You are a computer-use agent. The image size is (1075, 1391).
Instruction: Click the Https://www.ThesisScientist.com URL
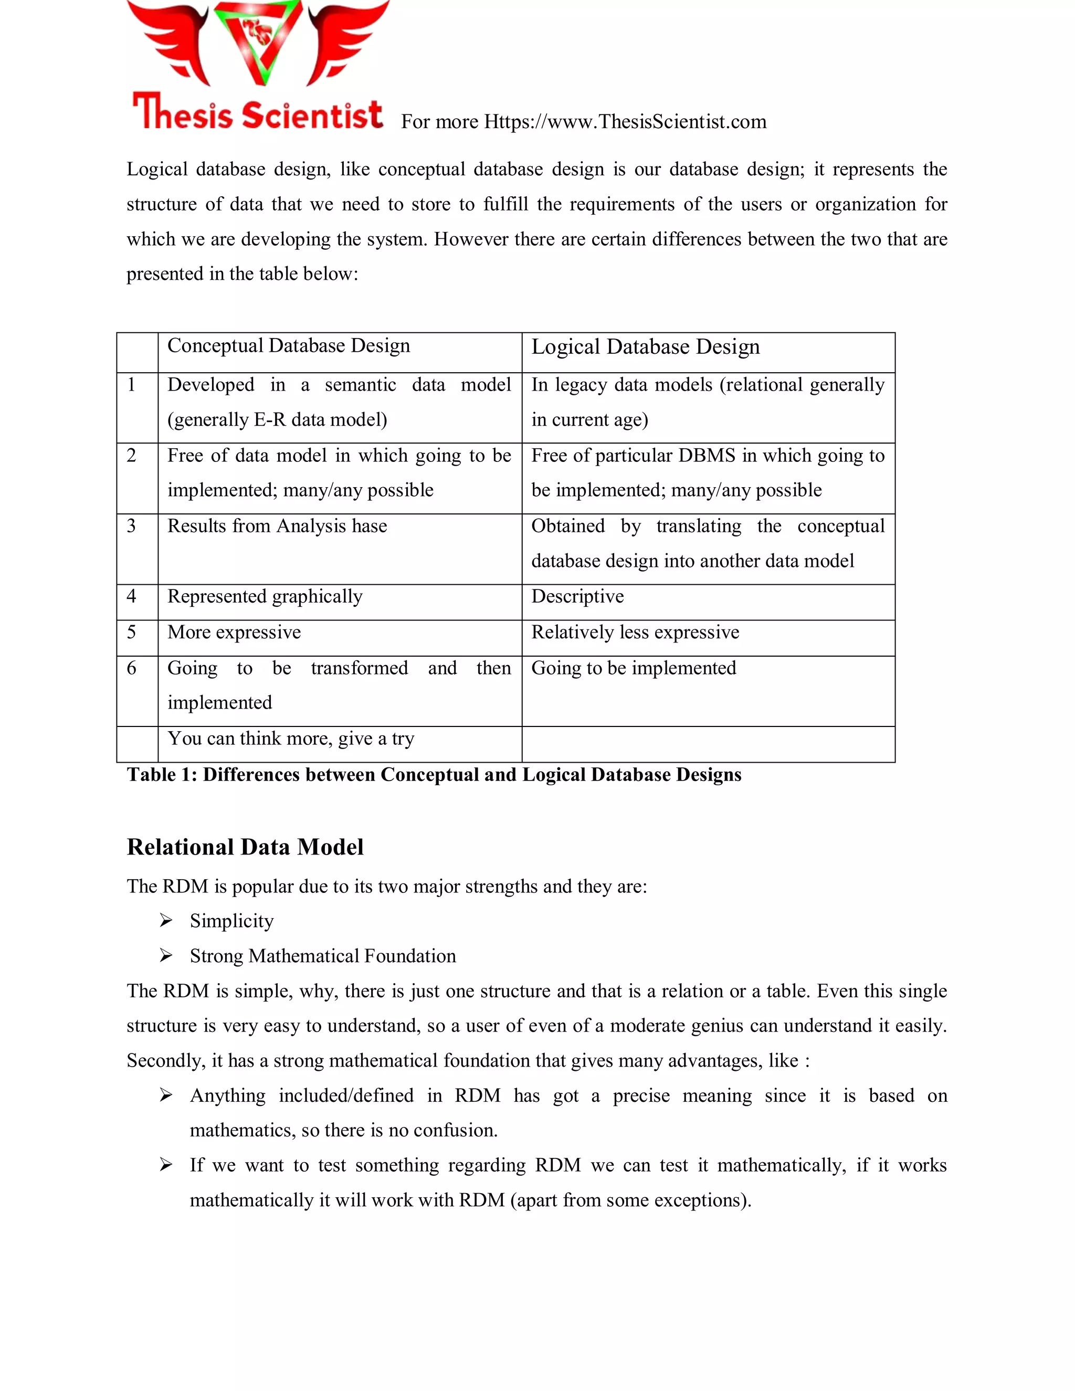(x=625, y=122)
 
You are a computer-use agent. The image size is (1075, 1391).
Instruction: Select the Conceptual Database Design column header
(x=289, y=346)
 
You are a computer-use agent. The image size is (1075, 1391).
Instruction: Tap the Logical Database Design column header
(x=645, y=346)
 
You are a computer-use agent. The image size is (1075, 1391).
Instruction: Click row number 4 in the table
(x=131, y=597)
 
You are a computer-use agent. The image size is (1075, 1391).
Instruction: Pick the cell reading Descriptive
(x=577, y=597)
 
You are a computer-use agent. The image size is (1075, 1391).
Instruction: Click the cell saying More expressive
(x=234, y=633)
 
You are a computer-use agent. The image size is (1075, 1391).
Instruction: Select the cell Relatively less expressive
(x=635, y=633)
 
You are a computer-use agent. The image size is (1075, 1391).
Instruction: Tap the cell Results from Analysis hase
(x=277, y=526)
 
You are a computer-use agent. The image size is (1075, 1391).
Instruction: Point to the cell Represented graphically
(x=265, y=597)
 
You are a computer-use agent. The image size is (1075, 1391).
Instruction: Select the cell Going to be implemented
(x=634, y=668)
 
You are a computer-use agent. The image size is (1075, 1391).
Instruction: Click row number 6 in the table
(x=131, y=668)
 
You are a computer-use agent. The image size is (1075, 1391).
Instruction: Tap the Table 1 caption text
(x=434, y=775)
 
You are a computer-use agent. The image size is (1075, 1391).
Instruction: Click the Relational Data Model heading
(x=245, y=847)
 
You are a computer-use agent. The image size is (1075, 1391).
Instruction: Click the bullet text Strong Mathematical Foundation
(x=323, y=956)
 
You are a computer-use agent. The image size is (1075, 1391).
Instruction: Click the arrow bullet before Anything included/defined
(x=166, y=1095)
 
